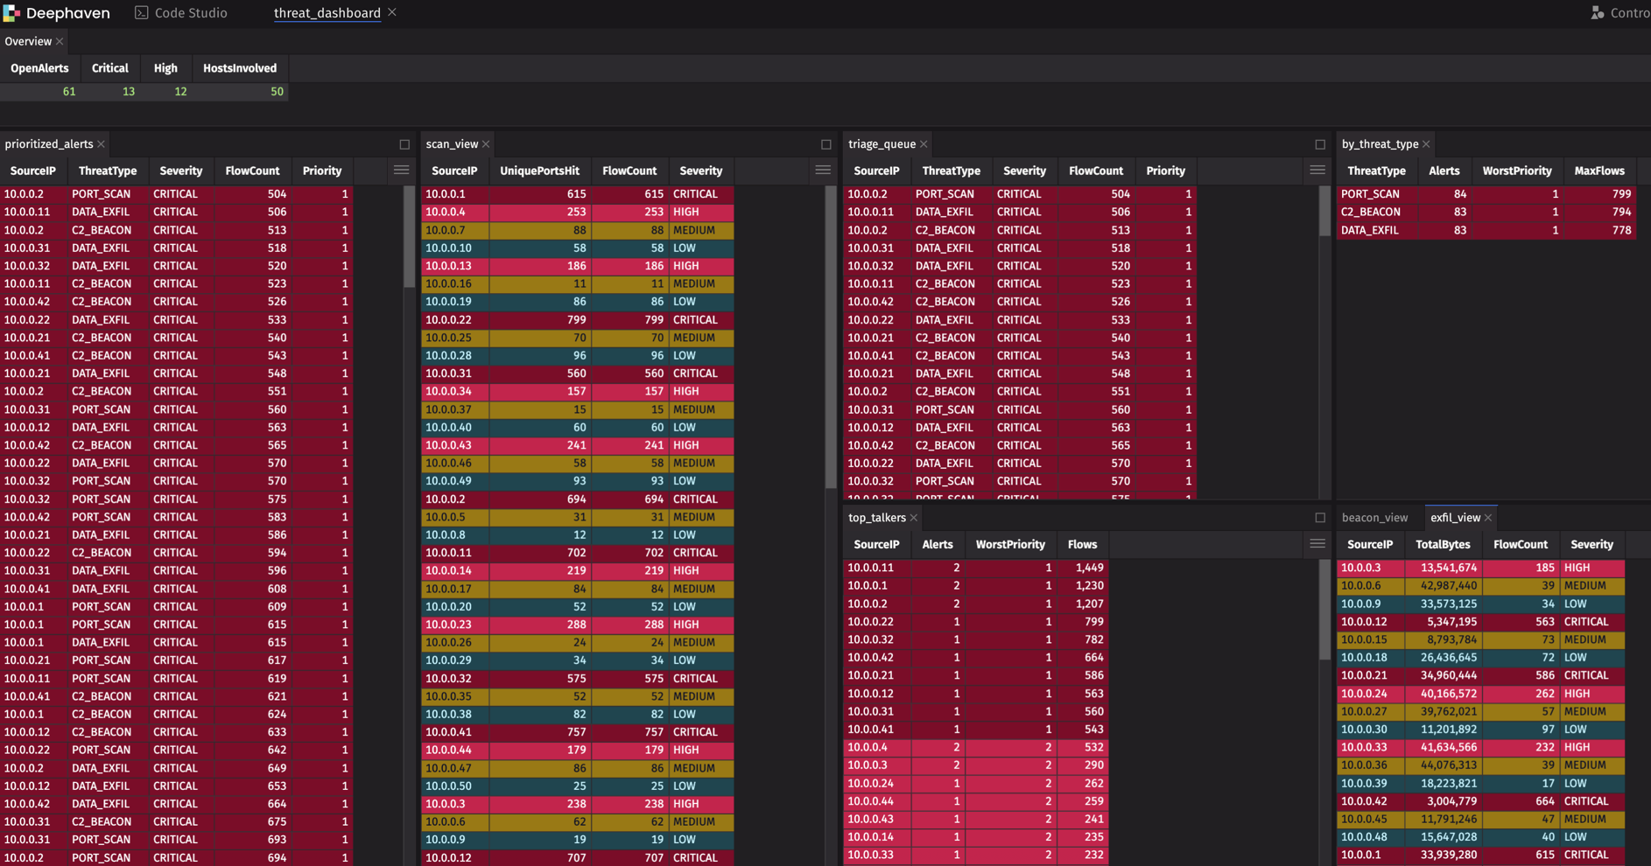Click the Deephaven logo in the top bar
[11, 13]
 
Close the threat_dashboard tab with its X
[392, 12]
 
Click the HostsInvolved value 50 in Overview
[277, 92]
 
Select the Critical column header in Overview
[110, 68]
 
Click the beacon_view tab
[1374, 518]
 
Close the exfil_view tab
[1488, 518]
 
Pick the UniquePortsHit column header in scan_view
[539, 171]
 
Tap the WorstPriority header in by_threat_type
[1517, 171]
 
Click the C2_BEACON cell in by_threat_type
[1371, 212]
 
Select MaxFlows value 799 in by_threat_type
[1622, 194]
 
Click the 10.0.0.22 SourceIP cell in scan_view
[448, 320]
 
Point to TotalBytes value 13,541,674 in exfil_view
[1449, 568]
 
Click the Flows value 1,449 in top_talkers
[1089, 568]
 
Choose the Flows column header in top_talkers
[1082, 544]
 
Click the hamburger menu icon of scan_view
[823, 170]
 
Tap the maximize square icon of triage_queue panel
[1320, 144]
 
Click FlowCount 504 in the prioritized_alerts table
[277, 194]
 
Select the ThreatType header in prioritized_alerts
[108, 171]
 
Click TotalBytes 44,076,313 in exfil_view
[1449, 765]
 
